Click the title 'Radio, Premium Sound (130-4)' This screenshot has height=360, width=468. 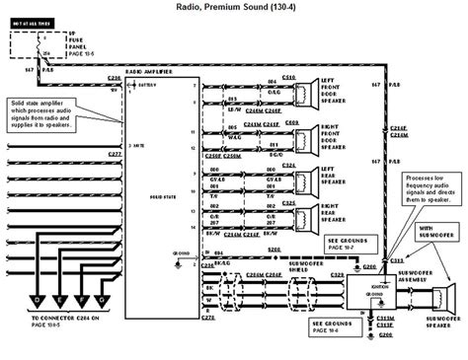(233, 9)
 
